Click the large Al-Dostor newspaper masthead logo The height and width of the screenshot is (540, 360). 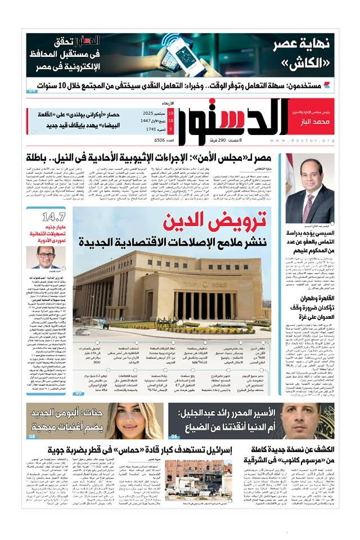[236, 119]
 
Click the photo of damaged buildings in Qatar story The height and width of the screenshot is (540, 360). [200, 478]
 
